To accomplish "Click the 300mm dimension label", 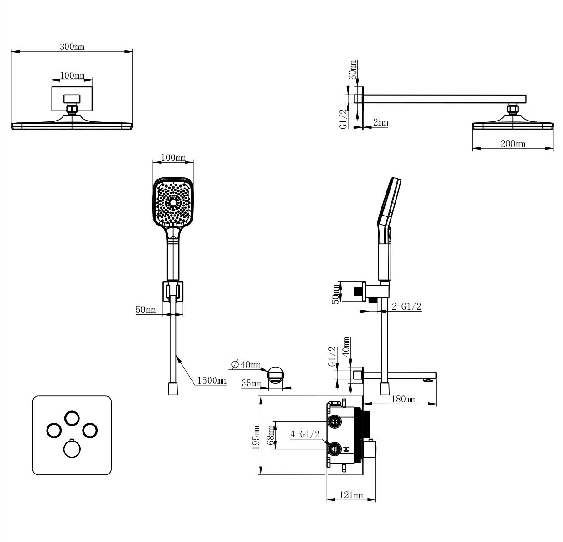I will click(72, 47).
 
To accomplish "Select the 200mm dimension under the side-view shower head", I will click(512, 144).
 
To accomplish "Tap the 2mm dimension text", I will click(381, 122).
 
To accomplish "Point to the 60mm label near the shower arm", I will click(353, 70).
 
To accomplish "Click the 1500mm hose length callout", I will click(212, 381).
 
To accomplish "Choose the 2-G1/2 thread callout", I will click(406, 307).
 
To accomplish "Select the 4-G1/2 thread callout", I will click(305, 434).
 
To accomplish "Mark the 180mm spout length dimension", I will click(404, 400).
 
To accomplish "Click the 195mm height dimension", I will click(256, 438).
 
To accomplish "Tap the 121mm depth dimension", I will click(351, 495).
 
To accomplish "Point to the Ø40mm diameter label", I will click(245, 365).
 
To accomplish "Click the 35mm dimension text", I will click(251, 384).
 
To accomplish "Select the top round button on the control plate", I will click(72, 418).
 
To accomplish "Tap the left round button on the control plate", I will click(54, 430).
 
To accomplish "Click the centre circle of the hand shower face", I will click(173, 202).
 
